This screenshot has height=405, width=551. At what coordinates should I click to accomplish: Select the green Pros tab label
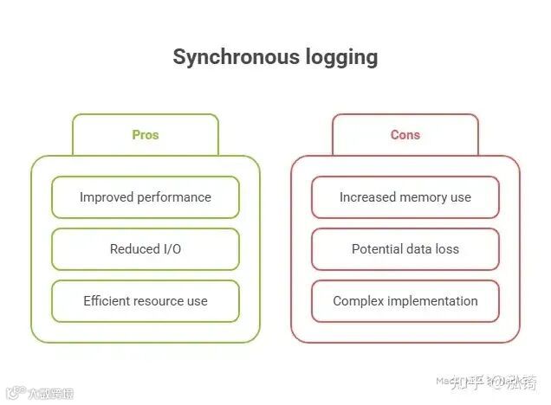click(146, 135)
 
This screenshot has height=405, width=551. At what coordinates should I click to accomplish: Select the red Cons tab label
click(405, 135)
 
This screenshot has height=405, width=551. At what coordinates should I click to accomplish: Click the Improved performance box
click(146, 197)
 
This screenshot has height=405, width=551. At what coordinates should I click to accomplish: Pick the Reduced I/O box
click(146, 249)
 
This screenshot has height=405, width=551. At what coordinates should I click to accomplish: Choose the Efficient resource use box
click(146, 301)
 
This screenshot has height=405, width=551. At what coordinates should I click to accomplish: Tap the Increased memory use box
click(405, 197)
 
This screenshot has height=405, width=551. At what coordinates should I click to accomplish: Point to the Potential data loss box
click(405, 249)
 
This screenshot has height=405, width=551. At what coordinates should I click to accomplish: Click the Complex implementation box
click(405, 301)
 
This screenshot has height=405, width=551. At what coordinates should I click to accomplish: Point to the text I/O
click(172, 249)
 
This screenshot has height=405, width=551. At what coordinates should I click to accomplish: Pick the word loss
click(447, 249)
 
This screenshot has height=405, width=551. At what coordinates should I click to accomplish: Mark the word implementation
click(432, 301)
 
